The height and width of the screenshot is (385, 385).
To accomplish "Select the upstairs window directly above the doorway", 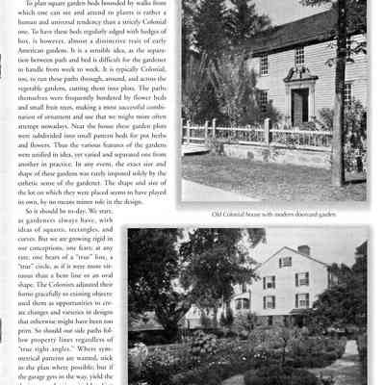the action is click(x=299, y=55).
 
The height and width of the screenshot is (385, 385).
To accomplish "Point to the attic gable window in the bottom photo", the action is click(x=285, y=262).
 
